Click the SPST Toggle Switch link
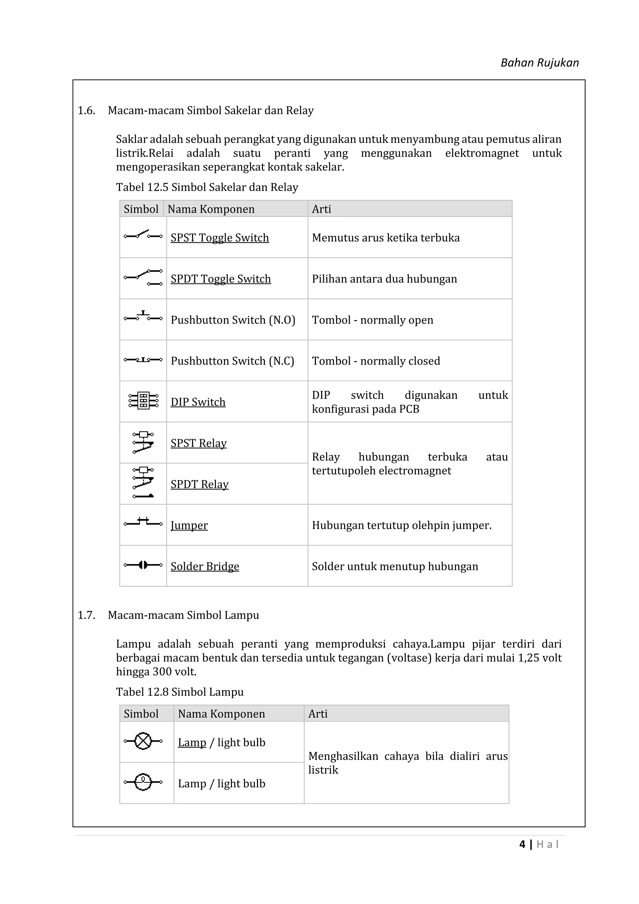(220, 238)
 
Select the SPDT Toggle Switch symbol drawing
(143, 277)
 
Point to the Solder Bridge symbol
(143, 565)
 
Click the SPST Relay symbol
(143, 443)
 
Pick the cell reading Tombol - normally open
(372, 320)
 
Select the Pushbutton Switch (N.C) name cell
(232, 361)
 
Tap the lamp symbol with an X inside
(143, 741)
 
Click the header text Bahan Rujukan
(539, 63)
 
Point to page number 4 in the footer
(522, 844)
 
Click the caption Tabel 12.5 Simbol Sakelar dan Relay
(207, 187)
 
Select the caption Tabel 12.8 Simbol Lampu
(180, 692)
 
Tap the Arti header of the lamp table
(318, 714)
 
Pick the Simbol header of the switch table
(141, 209)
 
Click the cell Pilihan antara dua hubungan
(384, 279)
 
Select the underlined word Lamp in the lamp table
(192, 743)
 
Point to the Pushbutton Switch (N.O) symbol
(143, 317)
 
